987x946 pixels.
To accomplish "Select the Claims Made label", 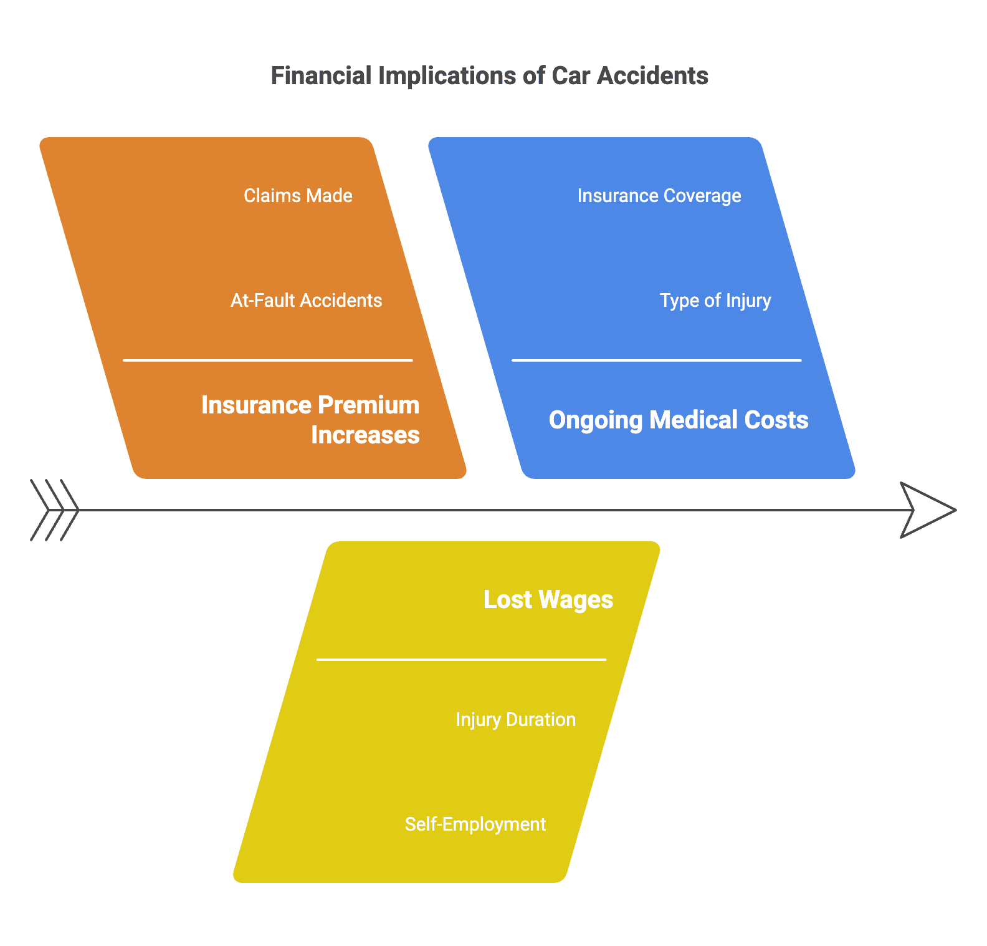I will click(x=298, y=196).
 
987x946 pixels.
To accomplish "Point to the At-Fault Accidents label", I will click(x=306, y=301).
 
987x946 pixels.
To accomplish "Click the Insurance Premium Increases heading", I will click(x=310, y=420).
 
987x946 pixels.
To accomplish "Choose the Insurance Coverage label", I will click(x=659, y=196).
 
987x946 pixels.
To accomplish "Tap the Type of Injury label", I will click(x=715, y=301).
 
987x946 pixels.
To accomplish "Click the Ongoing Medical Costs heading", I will click(x=679, y=420).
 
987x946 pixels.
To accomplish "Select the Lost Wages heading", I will click(x=548, y=600).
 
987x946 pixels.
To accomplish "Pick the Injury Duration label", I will click(x=515, y=720).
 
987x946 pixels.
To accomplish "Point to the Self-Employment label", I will click(x=475, y=824).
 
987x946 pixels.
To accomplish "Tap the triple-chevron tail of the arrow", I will click(x=55, y=510).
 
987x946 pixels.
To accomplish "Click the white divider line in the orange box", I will click(x=268, y=360).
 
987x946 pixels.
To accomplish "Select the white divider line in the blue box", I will click(x=656, y=360).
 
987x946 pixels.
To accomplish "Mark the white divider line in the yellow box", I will click(x=461, y=660).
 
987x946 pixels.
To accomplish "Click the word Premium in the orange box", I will click(x=374, y=405).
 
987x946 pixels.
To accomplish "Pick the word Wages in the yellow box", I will click(x=576, y=600).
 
